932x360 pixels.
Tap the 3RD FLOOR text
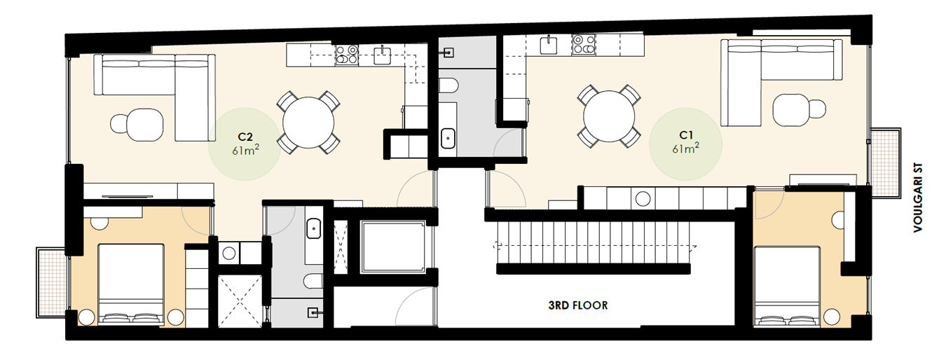click(x=577, y=305)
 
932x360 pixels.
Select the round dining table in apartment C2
click(x=308, y=121)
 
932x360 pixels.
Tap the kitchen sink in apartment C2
click(x=382, y=55)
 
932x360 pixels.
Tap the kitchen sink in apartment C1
click(x=549, y=46)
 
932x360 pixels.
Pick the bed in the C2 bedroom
click(x=131, y=283)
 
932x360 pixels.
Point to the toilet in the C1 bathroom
click(x=449, y=86)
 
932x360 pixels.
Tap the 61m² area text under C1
click(x=685, y=148)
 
